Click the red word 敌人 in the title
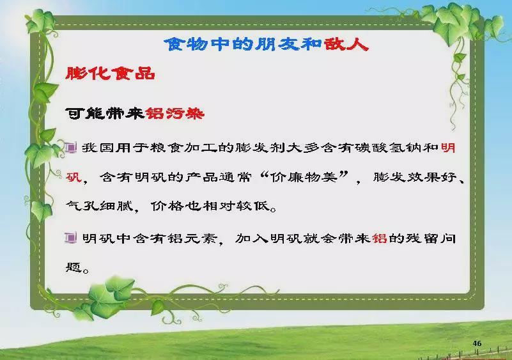click(346, 43)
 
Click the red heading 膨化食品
click(110, 73)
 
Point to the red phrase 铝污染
click(175, 113)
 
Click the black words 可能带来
click(105, 113)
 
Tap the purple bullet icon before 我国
click(70, 148)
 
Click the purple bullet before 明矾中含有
click(70, 238)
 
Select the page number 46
click(477, 343)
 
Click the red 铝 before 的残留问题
click(380, 238)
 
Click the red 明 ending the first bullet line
click(448, 148)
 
